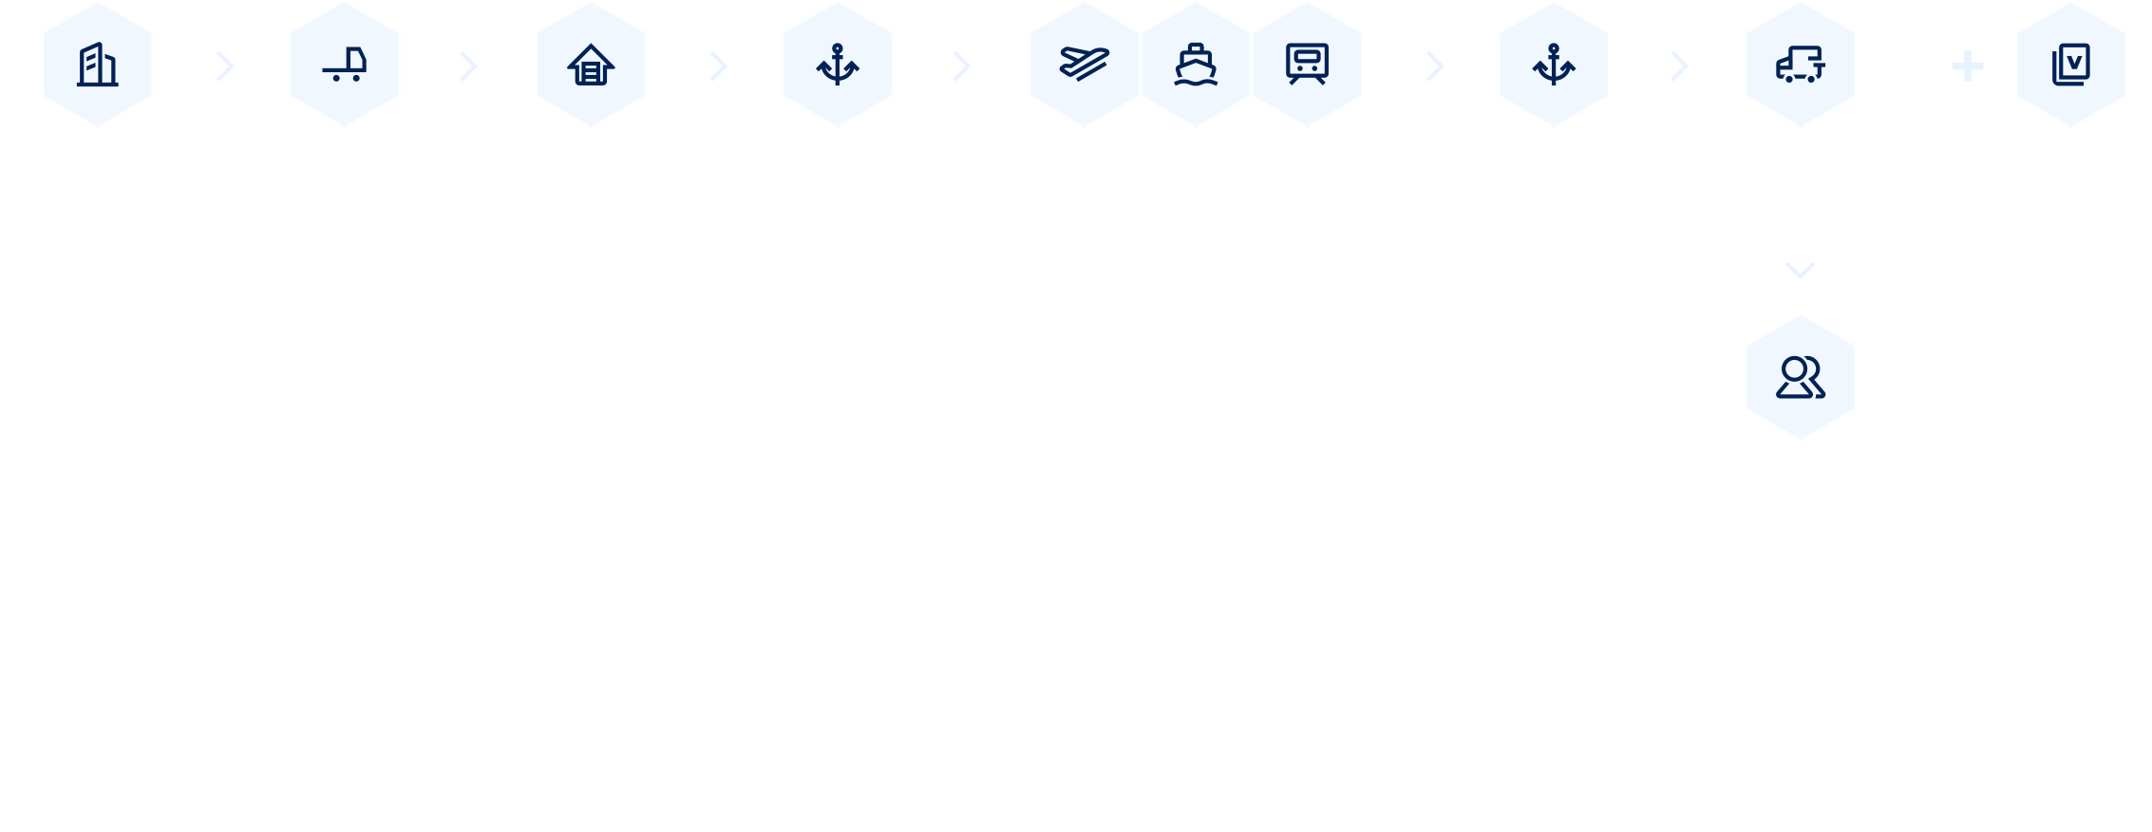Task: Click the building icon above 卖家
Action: pos(97,65)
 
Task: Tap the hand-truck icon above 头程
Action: pos(344,65)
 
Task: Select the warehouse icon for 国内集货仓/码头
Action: pos(591,65)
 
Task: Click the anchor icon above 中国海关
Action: pos(838,65)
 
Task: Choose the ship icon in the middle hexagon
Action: pos(1196,65)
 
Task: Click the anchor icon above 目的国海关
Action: pos(1554,65)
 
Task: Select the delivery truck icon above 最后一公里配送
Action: pos(1800,65)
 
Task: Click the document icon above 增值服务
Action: pos(2070,65)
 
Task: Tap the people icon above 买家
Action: pos(1800,377)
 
